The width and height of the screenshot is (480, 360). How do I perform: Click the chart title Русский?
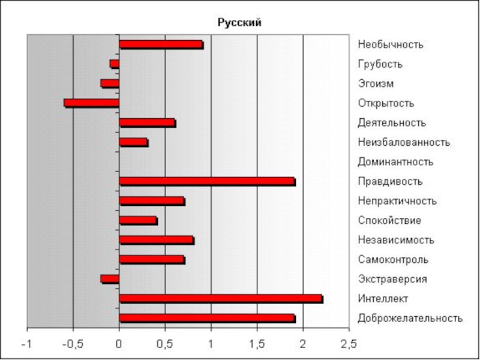coord(239,23)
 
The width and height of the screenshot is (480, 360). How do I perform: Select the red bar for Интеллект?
coord(221,299)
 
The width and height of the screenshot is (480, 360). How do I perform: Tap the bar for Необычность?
coord(161,44)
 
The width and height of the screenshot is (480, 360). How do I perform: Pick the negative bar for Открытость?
coord(92,103)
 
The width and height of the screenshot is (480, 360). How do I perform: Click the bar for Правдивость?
coord(207,181)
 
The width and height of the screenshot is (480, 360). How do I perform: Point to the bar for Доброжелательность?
coord(207,318)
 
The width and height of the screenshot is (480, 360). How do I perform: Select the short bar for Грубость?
coord(115,64)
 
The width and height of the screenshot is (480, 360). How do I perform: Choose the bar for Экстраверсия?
coord(110,279)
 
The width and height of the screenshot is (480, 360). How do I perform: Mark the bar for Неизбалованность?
coord(133,142)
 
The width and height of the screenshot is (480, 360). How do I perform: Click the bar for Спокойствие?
coord(138,220)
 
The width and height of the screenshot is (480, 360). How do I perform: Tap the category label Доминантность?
coord(395,161)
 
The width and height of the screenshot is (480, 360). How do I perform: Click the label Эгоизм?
coord(376,83)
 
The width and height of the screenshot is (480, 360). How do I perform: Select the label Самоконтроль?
coord(393,260)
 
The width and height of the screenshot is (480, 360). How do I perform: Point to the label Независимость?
coord(395,240)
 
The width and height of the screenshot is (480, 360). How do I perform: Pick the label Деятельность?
coord(391,122)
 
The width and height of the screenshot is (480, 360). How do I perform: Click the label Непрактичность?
coord(397,201)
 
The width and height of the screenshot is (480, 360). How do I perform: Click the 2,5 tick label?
coord(349,344)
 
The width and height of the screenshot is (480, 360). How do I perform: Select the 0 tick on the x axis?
coord(119,344)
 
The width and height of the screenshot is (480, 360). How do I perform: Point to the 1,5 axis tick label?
coord(257,344)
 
